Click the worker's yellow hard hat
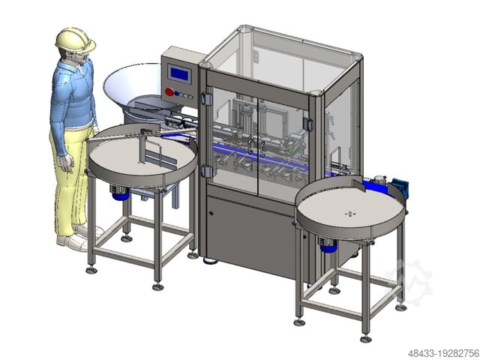coord(75,39)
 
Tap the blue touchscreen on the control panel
coord(179,73)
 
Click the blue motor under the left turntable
coord(118,193)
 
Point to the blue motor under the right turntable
coord(328,244)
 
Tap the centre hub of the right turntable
coord(348,214)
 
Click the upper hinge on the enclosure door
coord(206,98)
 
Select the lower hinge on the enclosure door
coord(206,171)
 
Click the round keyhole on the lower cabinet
coord(211,213)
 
